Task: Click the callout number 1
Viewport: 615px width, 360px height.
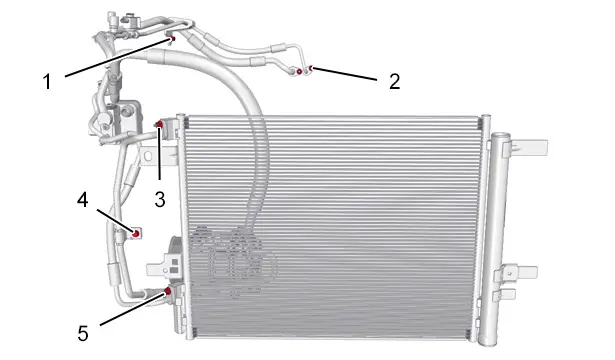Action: pos(47,82)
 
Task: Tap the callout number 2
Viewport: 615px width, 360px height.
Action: pos(395,81)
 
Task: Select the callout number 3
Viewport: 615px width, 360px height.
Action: pos(160,200)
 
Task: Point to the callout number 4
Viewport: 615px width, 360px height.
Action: pos(82,200)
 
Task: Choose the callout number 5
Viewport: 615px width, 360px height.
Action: pos(83,334)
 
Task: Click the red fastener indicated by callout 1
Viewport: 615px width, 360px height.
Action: pos(172,38)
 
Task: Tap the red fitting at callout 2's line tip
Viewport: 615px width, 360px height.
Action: pos(311,69)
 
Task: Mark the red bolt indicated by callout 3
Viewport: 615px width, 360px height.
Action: pos(159,125)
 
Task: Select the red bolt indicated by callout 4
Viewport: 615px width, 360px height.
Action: pos(136,234)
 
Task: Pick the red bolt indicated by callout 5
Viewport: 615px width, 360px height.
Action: pos(167,291)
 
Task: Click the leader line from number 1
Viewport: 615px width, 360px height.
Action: pos(118,57)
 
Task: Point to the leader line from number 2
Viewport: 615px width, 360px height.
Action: pos(344,74)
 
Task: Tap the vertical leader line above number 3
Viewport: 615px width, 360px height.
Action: pos(160,153)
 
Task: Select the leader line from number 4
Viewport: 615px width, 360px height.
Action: pos(116,221)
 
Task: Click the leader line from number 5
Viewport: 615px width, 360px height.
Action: pos(133,308)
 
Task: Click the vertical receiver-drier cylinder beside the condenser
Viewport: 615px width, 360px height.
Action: pos(497,239)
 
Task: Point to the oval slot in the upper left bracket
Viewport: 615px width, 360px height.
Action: pos(148,156)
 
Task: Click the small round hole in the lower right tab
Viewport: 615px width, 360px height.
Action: pos(509,273)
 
